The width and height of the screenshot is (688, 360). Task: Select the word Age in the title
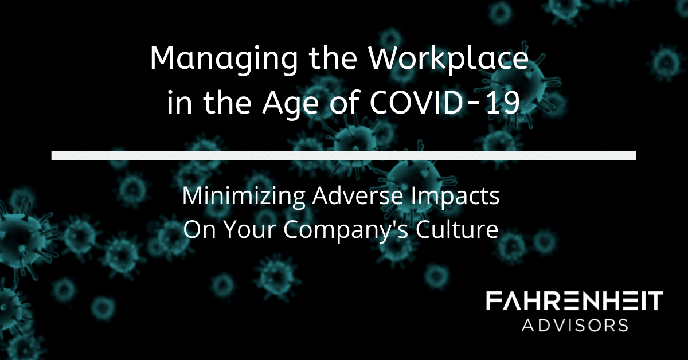[291, 104]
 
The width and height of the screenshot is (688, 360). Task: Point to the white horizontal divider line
[343, 155]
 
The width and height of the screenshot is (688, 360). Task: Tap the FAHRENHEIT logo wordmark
[574, 301]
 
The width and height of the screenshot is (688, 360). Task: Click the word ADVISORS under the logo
[574, 325]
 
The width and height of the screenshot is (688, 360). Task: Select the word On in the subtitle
[200, 229]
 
